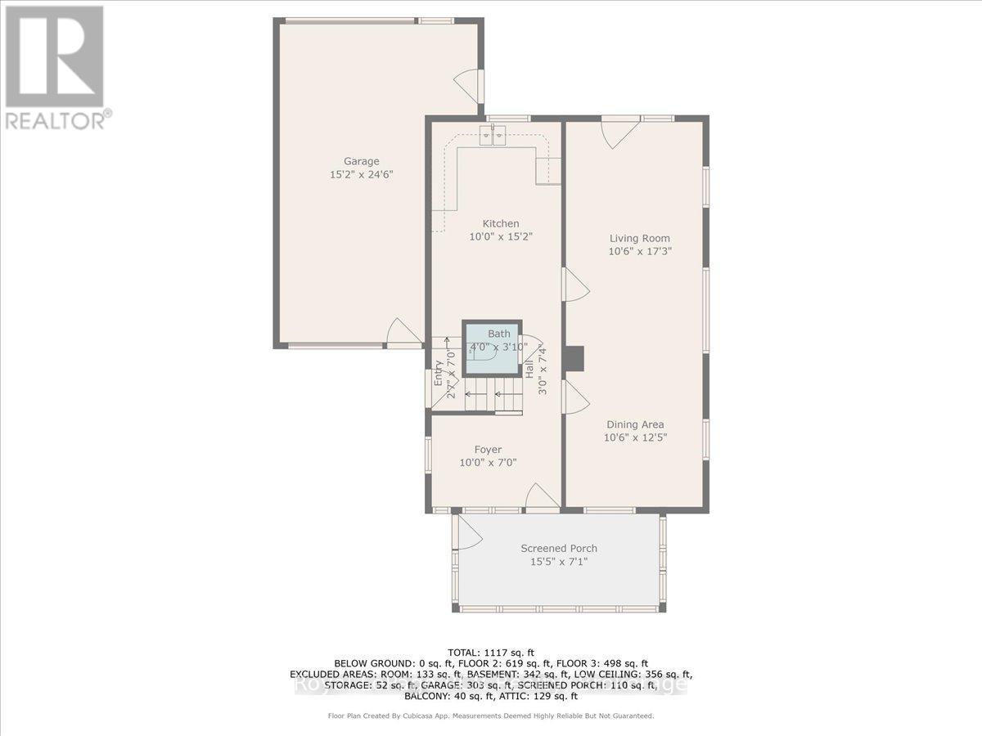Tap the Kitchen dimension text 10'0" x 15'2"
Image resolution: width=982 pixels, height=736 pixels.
tap(500, 237)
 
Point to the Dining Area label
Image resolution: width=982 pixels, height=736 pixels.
tap(634, 424)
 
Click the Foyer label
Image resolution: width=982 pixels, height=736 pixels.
tap(488, 449)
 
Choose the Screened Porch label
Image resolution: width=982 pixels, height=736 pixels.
tap(559, 548)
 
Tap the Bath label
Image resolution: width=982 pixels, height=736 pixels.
tap(498, 334)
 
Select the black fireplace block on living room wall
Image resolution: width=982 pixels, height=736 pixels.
tap(576, 358)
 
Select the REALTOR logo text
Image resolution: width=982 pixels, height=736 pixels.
tap(56, 120)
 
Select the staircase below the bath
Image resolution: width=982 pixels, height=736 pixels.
tap(491, 396)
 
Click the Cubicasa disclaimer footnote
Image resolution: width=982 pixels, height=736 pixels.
tap(491, 716)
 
